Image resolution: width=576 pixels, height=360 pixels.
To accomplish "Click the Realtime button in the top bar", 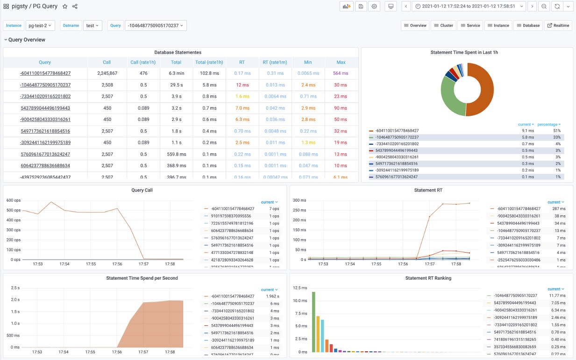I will (x=558, y=26).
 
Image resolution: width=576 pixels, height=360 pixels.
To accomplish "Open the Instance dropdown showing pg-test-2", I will (x=40, y=26).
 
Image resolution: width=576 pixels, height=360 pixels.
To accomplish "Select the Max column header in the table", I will (x=341, y=62).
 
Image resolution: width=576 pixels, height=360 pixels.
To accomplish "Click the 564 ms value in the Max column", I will (x=341, y=73).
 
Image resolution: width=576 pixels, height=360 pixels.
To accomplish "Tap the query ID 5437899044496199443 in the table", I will (x=45, y=108).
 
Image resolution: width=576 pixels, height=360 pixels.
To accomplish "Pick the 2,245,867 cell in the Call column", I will (x=107, y=73).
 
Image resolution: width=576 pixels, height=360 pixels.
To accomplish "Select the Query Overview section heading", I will (x=27, y=40).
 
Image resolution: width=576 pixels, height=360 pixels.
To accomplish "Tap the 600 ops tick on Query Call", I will (x=13, y=200).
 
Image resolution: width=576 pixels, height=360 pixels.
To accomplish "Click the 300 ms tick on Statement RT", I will (x=299, y=200).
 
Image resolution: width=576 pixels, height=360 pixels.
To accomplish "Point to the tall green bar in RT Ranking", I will (x=313, y=322).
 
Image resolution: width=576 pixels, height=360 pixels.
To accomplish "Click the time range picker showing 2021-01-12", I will (x=469, y=7).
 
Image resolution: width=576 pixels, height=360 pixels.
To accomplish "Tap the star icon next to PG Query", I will (x=65, y=7).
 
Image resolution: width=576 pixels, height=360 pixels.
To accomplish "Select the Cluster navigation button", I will (x=443, y=26).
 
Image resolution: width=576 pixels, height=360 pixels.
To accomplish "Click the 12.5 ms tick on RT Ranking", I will (x=299, y=288).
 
